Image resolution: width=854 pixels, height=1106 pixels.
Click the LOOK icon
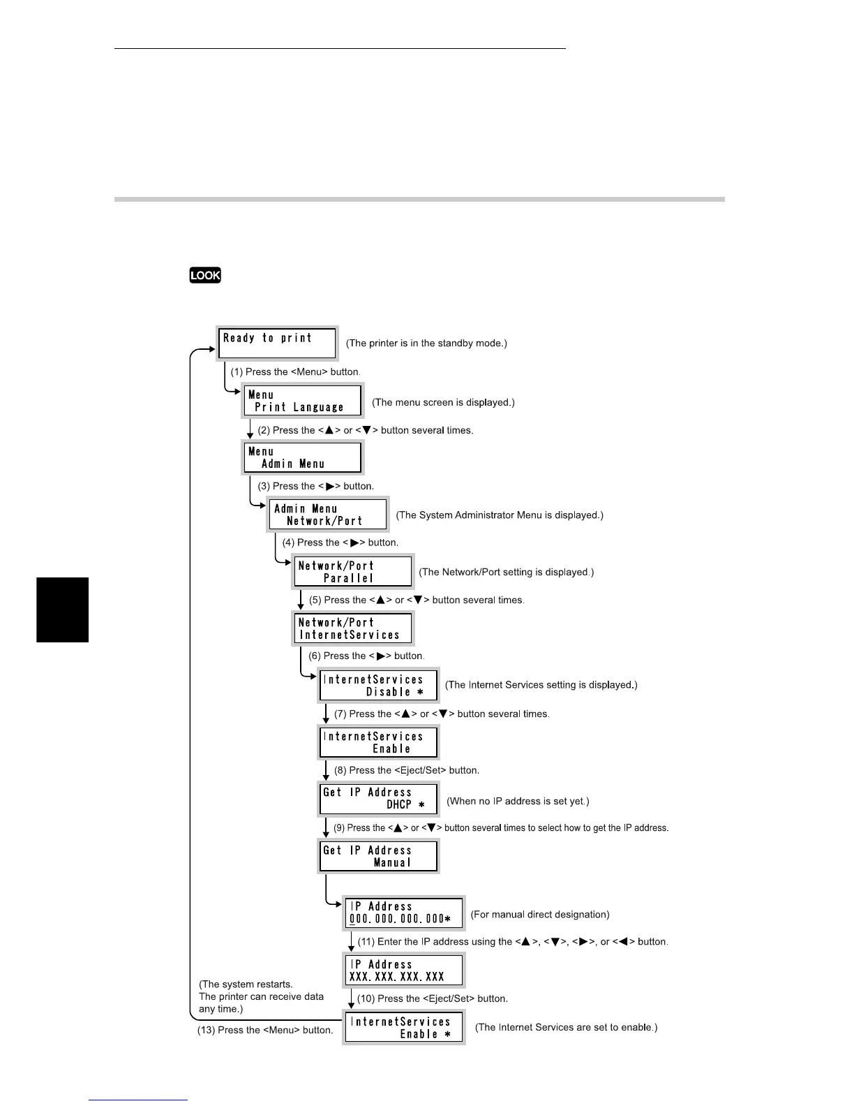tap(205, 275)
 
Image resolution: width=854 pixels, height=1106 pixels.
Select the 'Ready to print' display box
tap(278, 343)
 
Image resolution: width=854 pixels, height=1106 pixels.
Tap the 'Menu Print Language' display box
tap(303, 401)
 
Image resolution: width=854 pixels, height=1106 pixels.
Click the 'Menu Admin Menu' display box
tap(303, 457)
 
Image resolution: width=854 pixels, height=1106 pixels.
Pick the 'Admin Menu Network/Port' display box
tap(328, 515)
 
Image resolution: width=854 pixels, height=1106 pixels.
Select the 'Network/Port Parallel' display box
tap(353, 571)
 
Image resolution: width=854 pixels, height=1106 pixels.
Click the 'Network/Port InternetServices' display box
tap(353, 628)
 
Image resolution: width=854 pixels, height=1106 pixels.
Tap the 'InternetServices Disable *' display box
tap(378, 685)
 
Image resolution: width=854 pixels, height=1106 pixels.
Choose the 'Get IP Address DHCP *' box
tap(378, 798)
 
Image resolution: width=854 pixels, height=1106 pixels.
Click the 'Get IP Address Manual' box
tap(378, 856)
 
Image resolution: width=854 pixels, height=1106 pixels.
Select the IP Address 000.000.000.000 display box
tap(404, 913)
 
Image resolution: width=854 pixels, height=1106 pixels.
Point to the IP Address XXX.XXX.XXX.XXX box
tap(404, 971)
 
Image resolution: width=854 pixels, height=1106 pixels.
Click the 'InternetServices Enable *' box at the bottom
tap(404, 1028)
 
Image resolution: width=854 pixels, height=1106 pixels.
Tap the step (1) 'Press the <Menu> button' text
tap(296, 372)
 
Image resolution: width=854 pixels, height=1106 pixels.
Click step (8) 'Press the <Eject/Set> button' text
tap(407, 770)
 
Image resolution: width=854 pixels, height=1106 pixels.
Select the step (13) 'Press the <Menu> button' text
tap(265, 1030)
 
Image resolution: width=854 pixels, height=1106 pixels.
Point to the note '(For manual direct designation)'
tap(540, 914)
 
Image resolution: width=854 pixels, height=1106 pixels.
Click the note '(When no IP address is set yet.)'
tap(518, 801)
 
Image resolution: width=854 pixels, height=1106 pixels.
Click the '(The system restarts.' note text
tap(246, 984)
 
